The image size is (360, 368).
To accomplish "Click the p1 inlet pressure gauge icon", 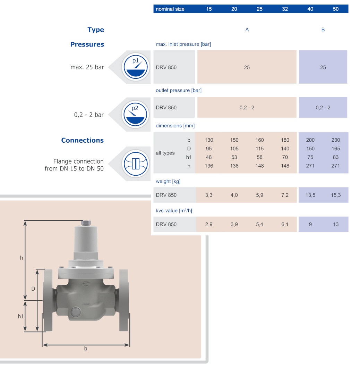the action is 136,67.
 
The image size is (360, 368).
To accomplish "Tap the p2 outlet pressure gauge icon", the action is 136,115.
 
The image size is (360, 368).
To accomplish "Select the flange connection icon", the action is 136,164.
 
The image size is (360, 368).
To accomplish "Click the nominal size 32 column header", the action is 285,9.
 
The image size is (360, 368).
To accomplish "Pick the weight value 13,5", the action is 310,195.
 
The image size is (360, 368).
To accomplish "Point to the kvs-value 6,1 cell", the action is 285,224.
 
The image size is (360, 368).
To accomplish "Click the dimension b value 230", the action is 336,140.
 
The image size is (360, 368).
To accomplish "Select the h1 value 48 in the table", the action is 209,157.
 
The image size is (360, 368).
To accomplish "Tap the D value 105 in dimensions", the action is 234,149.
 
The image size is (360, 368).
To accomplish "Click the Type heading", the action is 96,30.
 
